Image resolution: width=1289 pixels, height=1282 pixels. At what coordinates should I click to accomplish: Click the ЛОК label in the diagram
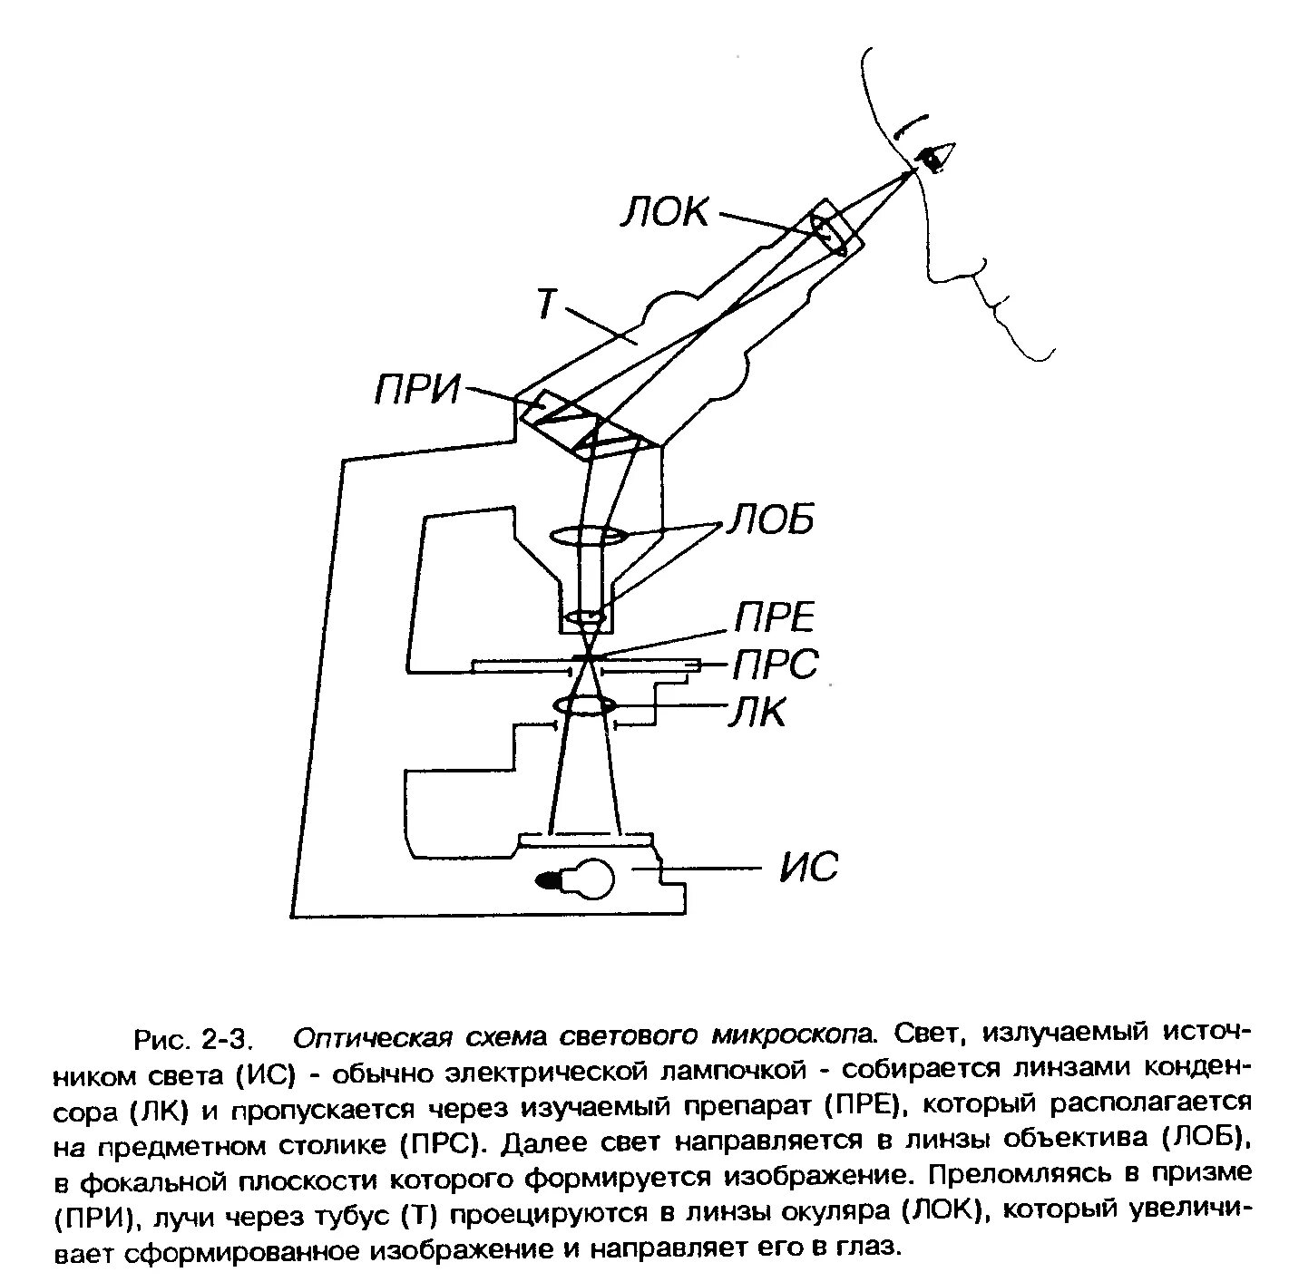pyautogui.click(x=665, y=214)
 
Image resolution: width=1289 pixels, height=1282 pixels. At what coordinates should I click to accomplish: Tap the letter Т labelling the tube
pyautogui.click(x=544, y=304)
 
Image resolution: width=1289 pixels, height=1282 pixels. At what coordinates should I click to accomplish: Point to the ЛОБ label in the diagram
pyautogui.click(x=769, y=521)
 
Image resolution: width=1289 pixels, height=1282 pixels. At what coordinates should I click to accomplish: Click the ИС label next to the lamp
pyautogui.click(x=809, y=868)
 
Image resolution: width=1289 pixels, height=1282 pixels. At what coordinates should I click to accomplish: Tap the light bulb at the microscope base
pyautogui.click(x=581, y=878)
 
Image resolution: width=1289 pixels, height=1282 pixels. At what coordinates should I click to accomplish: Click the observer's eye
pyautogui.click(x=934, y=158)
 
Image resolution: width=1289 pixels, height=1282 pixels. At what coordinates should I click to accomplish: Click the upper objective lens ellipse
pyautogui.click(x=587, y=536)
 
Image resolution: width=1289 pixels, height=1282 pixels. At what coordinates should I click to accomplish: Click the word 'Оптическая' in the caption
pyautogui.click(x=371, y=1036)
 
